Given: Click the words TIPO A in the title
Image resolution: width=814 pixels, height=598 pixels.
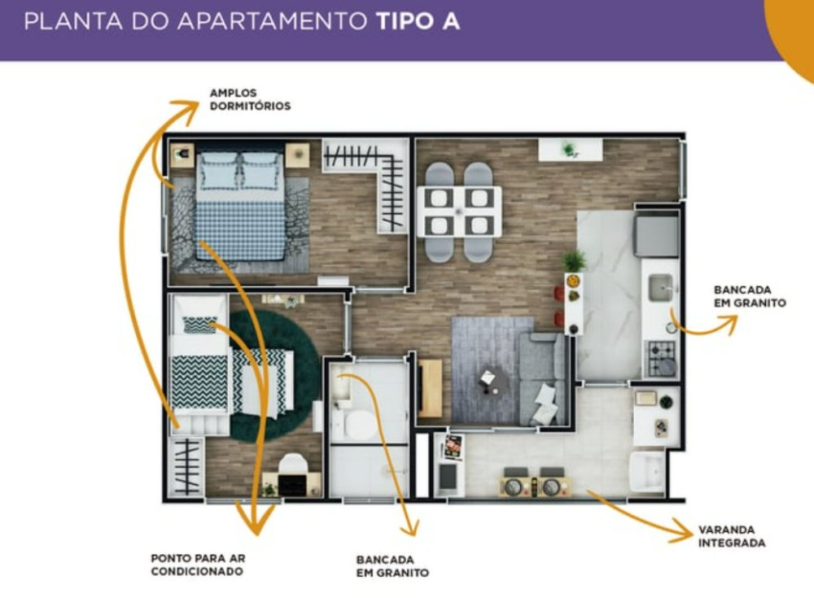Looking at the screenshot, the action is point(418,21).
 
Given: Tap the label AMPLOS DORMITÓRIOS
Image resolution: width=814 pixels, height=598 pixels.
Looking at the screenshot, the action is point(250,99).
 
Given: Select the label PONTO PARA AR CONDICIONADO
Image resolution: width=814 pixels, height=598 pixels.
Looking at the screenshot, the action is point(198,565).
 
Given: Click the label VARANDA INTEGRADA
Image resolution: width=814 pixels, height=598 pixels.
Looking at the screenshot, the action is point(732,537).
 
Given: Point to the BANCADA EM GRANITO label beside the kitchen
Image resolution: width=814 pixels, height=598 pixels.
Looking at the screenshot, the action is point(750,296).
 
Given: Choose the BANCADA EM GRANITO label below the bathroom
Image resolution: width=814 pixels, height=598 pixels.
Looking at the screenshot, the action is point(392,566).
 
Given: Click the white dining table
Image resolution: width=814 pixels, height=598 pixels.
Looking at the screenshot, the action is point(459,212).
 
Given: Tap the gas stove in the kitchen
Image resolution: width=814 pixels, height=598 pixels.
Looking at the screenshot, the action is point(660,358).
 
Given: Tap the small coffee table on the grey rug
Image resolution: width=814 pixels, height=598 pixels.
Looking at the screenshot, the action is point(492,381).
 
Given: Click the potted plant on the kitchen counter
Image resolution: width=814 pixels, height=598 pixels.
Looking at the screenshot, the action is point(574,260).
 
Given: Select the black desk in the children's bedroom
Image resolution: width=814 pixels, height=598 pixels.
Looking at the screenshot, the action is point(293,483).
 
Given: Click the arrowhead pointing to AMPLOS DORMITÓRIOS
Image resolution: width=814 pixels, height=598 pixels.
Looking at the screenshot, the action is point(186,110).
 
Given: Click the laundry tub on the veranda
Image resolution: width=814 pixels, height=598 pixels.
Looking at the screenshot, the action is point(647,470).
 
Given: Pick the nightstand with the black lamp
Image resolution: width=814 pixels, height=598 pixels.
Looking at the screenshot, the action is point(182,154).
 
